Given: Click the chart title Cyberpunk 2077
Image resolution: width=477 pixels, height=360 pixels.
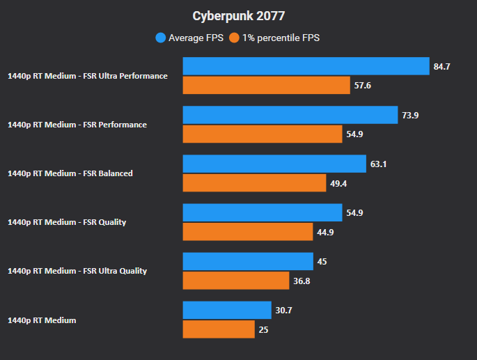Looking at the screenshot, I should (x=238, y=15).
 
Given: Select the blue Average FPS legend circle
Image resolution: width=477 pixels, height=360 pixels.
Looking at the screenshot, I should (x=161, y=38).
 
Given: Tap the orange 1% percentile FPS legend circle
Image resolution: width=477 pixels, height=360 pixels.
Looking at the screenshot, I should (x=235, y=38).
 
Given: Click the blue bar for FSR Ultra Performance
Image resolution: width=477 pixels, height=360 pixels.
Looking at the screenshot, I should (x=306, y=66).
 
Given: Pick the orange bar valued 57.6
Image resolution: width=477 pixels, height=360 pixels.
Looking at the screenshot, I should (x=266, y=86).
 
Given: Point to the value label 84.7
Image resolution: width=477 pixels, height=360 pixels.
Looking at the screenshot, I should (x=441, y=67).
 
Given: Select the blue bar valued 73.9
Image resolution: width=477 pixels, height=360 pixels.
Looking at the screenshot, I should (x=290, y=115).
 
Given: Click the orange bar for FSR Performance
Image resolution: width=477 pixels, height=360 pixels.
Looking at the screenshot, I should (x=262, y=134).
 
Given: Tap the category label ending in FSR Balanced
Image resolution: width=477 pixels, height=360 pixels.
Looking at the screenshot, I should (x=70, y=173).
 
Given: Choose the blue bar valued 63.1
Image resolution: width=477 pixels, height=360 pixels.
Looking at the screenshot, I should (x=274, y=164).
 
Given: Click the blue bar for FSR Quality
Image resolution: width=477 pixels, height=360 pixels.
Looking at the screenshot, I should (x=262, y=212).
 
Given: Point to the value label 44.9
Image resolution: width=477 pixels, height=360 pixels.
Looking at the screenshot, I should (x=325, y=232).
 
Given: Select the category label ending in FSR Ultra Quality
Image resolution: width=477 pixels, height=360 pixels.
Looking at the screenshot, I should (x=77, y=271).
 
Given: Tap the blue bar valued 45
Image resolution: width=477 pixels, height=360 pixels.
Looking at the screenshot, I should (x=248, y=261).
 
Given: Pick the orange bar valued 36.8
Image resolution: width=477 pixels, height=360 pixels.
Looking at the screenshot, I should (x=235, y=281).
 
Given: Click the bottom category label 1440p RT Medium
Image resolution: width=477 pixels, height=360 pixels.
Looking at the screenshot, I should (x=41, y=320).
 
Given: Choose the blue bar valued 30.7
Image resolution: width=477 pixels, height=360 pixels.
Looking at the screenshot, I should (x=227, y=310).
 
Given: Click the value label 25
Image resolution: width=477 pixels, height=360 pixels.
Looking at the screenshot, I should (x=263, y=329).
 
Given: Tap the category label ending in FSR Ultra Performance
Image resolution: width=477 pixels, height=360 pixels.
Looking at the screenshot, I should (x=87, y=76).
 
